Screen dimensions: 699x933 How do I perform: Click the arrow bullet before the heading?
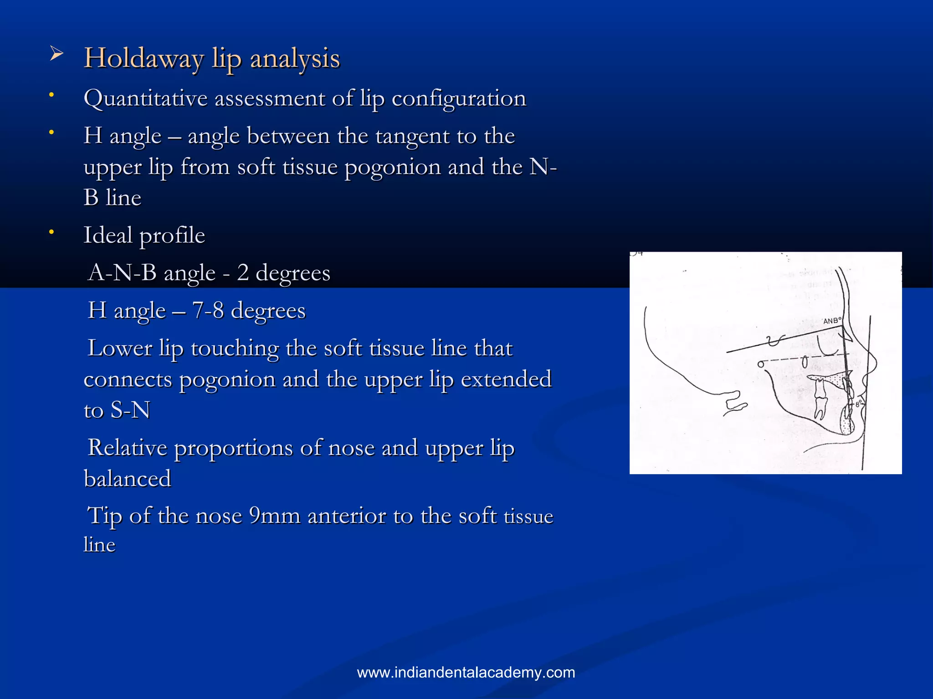(x=56, y=55)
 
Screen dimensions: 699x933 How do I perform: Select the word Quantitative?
(x=145, y=99)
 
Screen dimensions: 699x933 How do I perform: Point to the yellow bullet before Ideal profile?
(x=52, y=232)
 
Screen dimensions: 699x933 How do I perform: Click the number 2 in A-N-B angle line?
(x=243, y=273)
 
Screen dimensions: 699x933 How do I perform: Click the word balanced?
(x=128, y=479)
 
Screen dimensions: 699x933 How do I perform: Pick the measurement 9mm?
(x=275, y=516)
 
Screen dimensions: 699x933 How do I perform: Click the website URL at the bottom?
(x=466, y=673)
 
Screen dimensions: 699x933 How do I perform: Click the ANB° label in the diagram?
(x=832, y=321)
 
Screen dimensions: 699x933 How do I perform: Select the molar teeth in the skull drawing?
(x=820, y=400)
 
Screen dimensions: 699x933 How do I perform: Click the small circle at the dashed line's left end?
(x=760, y=364)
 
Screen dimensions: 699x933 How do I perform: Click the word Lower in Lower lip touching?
(x=119, y=349)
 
